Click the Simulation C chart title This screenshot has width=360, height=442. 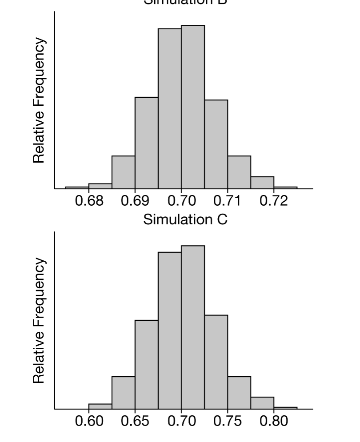(x=185, y=219)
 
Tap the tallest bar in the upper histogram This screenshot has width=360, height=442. (x=193, y=107)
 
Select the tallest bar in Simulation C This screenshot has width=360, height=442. (x=193, y=327)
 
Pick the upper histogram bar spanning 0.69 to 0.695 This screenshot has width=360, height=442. (x=147, y=143)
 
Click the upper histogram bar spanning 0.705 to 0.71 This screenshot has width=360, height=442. (x=216, y=144)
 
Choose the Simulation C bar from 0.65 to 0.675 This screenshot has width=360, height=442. (x=147, y=364)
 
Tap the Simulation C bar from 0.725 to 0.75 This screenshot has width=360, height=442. (x=216, y=362)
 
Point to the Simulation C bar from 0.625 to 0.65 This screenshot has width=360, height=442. (x=124, y=393)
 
